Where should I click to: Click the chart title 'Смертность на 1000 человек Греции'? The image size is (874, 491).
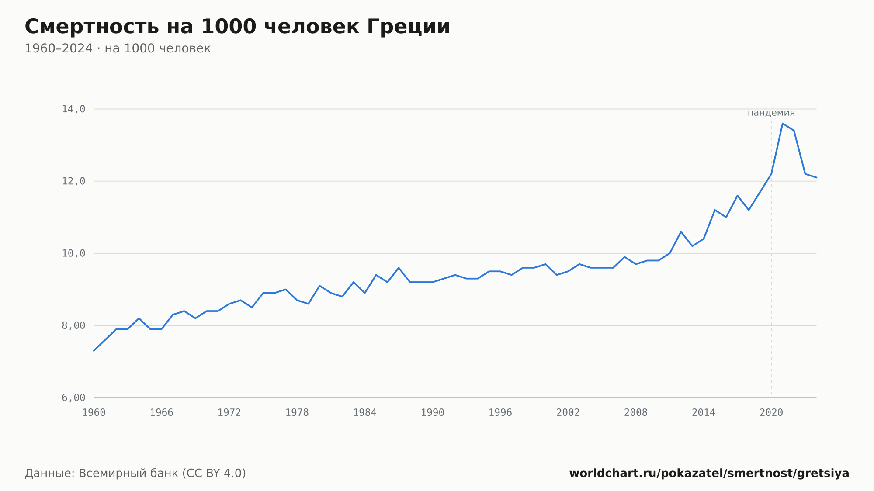click(237, 27)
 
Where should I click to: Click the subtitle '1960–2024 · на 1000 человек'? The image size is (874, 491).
click(118, 48)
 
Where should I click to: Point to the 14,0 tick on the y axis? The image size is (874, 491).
click(73, 109)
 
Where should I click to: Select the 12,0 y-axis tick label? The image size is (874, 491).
click(73, 181)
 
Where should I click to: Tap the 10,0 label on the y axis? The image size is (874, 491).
click(73, 253)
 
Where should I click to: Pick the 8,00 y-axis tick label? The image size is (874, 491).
click(73, 325)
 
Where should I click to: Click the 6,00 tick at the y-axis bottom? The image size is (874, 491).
click(73, 398)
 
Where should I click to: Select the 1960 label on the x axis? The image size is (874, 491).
click(94, 413)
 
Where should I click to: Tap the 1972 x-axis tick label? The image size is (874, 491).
click(229, 413)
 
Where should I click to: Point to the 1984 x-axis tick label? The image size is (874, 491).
click(365, 413)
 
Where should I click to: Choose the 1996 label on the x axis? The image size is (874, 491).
click(500, 413)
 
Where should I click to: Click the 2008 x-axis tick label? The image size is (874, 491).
click(636, 413)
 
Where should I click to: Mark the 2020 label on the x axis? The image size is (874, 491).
click(771, 413)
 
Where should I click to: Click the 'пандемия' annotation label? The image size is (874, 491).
click(771, 113)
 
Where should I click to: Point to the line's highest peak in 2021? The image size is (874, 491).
click(783, 124)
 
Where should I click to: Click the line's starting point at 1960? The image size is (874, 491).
click(94, 351)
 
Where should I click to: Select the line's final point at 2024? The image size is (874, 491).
click(816, 177)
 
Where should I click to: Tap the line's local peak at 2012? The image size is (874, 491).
click(681, 232)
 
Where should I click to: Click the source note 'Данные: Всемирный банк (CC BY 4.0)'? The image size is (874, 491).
click(135, 474)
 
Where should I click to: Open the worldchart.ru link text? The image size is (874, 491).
click(709, 474)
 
